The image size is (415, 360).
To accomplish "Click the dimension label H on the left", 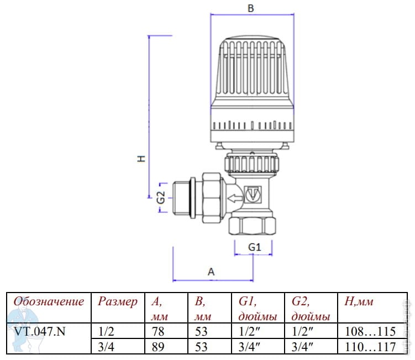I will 141,159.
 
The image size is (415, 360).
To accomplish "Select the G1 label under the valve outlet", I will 253,247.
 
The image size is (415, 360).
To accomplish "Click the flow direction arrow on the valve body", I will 234,196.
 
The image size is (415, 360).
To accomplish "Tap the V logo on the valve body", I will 254,195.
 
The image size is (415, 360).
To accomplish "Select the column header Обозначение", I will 49,302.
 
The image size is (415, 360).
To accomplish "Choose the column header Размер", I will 117,302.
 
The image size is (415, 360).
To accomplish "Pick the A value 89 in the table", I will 159,347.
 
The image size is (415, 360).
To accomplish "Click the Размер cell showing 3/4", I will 105,347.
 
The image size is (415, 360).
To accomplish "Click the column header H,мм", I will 359,302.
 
